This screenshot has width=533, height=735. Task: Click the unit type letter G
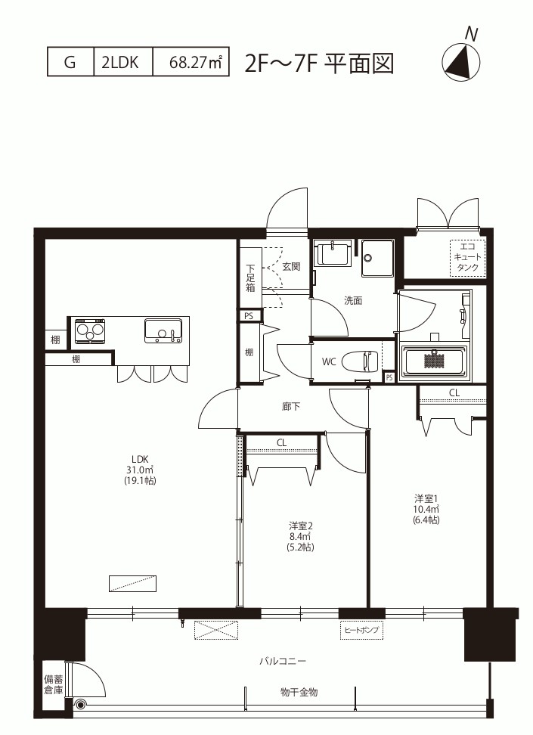(x=70, y=62)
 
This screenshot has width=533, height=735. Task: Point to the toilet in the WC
(x=360, y=361)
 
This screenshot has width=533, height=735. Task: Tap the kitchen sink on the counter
(x=163, y=330)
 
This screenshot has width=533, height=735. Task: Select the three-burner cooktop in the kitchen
(x=89, y=330)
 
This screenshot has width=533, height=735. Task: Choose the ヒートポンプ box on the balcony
(x=361, y=630)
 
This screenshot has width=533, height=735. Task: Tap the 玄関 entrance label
(x=291, y=266)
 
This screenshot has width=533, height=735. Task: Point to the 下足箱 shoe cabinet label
(x=251, y=278)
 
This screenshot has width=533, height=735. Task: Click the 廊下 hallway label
(x=291, y=406)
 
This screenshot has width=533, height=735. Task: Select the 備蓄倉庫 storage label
(x=54, y=684)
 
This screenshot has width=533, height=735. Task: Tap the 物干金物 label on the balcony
(x=299, y=692)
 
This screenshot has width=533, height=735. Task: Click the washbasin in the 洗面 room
(x=333, y=253)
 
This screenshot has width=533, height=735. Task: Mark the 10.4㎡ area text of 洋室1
(x=426, y=509)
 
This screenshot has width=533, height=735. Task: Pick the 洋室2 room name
(x=300, y=526)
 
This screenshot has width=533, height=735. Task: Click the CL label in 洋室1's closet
(x=454, y=392)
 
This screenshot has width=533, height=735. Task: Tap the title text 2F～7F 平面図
(x=319, y=64)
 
